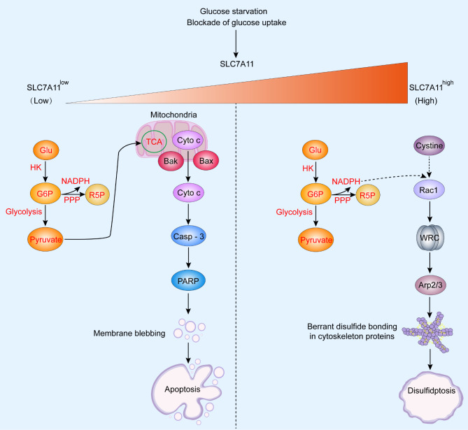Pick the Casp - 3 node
(x=187, y=238)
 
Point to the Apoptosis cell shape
(x=187, y=387)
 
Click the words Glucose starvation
(x=234, y=10)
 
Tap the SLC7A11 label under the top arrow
(x=234, y=64)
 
